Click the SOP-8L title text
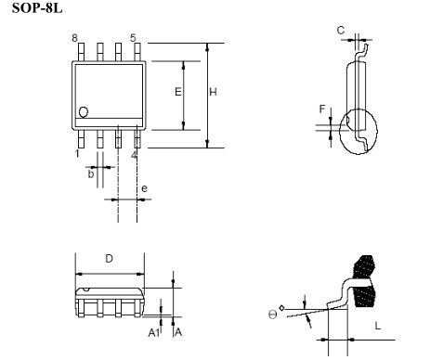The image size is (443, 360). click(x=37, y=7)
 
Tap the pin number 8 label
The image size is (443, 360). click(x=74, y=38)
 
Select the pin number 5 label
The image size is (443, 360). click(x=133, y=38)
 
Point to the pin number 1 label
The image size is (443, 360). click(x=77, y=153)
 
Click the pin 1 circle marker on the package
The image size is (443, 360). click(x=84, y=112)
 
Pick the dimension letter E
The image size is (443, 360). click(x=178, y=92)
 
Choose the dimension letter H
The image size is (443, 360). click(x=213, y=92)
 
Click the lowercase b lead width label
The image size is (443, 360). click(x=90, y=174)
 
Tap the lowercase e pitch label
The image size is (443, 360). click(x=144, y=188)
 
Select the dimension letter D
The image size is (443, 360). click(x=109, y=259)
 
